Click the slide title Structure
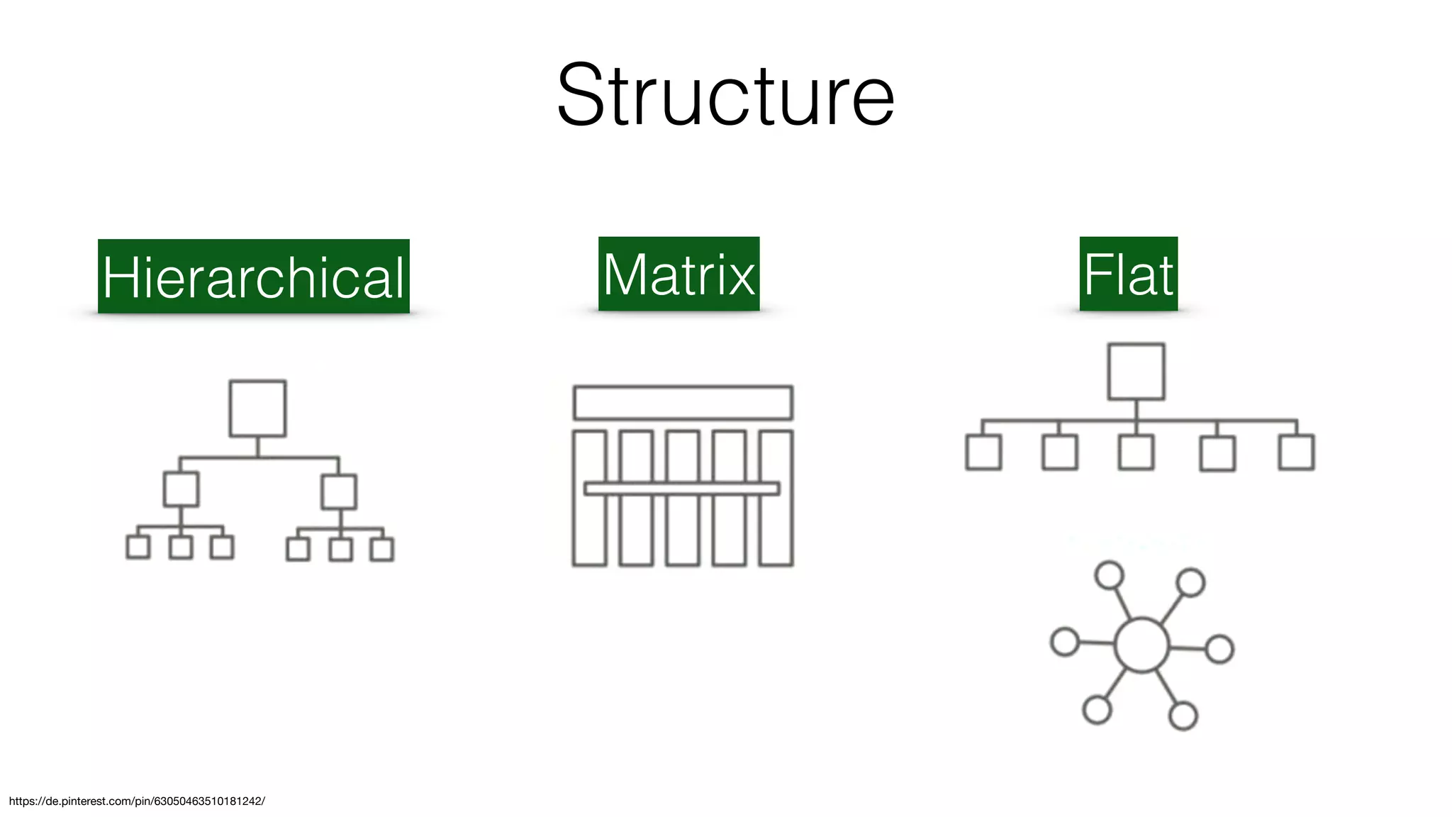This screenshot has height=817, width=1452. coord(725,96)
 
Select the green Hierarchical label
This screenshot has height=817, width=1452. coord(254,277)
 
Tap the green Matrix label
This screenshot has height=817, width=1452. coord(678,274)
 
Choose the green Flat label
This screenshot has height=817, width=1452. coord(1128,274)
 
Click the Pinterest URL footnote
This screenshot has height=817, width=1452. coord(137,801)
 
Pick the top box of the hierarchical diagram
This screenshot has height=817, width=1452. coord(257,408)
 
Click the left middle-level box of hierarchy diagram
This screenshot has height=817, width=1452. coord(181,489)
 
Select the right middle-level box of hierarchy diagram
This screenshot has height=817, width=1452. coord(339,492)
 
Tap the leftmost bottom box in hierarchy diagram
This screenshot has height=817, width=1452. coord(138,547)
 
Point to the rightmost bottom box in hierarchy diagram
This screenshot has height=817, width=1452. coord(382,550)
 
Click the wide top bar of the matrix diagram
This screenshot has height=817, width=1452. coord(682,403)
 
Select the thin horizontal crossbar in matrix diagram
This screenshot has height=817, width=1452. coord(682,489)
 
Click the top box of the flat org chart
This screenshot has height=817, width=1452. coord(1136,372)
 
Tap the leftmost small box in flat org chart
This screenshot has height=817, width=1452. coord(983,452)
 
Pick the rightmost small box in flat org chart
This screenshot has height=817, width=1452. coord(1296,452)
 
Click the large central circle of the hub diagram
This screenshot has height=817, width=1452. coord(1141,645)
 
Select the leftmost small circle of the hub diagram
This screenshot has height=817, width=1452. coord(1064,642)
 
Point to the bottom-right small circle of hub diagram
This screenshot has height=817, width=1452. coord(1183,716)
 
